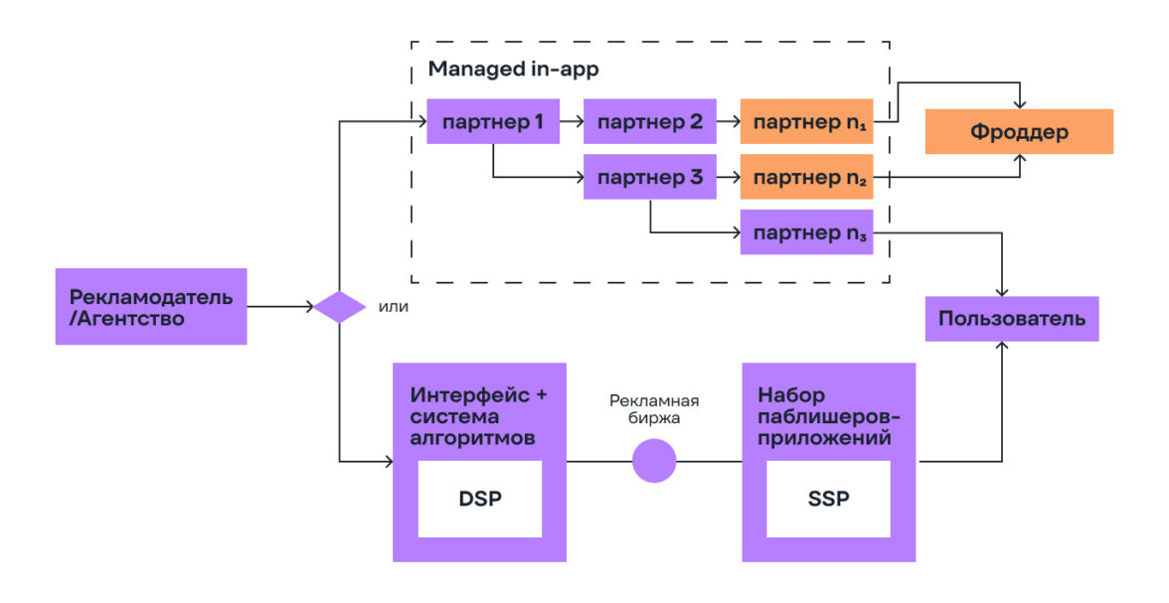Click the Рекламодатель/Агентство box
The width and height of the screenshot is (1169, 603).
(151, 307)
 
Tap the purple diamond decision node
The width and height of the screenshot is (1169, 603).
(340, 307)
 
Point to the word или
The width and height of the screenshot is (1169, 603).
(394, 307)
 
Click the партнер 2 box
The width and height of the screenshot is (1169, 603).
(650, 122)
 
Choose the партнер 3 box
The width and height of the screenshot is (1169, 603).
(650, 179)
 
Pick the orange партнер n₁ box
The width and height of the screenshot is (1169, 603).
(806, 122)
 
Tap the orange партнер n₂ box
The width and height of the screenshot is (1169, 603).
(806, 179)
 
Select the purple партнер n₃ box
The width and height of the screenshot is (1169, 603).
(806, 232)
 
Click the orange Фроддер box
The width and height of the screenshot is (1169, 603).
(1019, 131)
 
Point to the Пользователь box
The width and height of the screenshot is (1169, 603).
(1012, 319)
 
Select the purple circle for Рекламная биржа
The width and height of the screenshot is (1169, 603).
(654, 461)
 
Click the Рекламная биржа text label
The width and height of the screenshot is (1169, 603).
(654, 409)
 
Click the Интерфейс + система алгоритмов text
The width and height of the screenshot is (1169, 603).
(478, 415)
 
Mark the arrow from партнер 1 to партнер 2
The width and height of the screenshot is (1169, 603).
(572, 122)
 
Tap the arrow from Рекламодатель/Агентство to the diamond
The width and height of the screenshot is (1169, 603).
(280, 307)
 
